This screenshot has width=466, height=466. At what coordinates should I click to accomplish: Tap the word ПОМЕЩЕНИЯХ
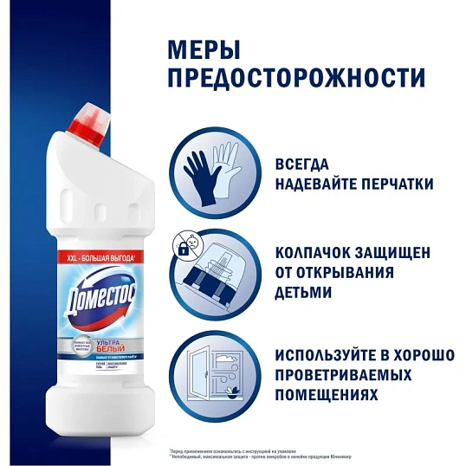[327, 395]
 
